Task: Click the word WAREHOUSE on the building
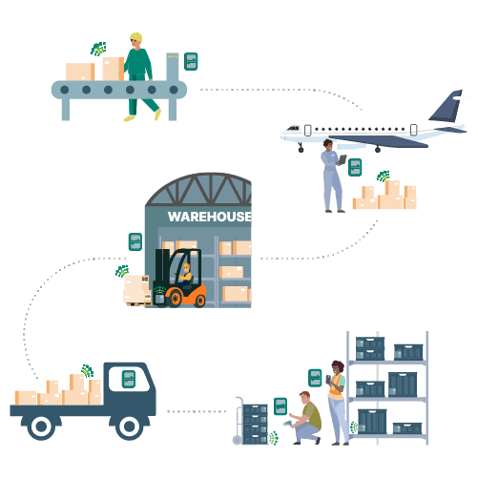210,217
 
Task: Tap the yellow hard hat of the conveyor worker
136,36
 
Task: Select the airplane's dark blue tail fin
446,106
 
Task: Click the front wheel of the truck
129,426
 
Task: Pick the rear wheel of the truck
41,426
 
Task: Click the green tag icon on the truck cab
129,379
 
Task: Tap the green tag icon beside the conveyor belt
191,61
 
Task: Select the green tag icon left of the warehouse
135,241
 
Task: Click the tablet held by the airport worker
343,159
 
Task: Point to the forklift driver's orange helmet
186,266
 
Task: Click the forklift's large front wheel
175,299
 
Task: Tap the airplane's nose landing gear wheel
301,150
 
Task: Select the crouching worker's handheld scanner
288,423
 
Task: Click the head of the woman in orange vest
338,367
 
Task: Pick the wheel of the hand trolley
238,440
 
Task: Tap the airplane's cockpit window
293,129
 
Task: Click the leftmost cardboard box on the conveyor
80,72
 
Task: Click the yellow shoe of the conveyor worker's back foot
157,114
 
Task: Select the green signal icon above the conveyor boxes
98,49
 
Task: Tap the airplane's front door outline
307,131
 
